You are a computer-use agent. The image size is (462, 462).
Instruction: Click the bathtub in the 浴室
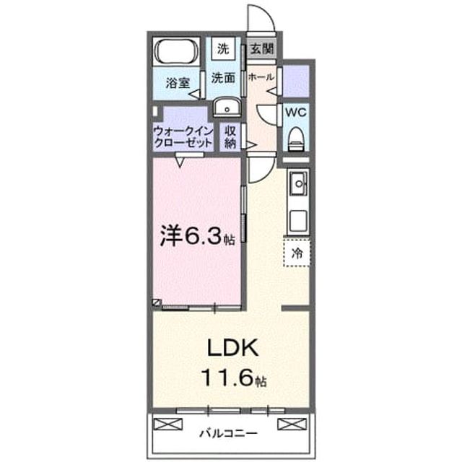click(176, 51)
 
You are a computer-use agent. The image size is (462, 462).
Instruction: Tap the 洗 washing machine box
click(223, 48)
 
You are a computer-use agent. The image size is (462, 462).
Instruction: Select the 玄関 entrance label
click(262, 48)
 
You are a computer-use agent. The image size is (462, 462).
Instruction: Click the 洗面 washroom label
click(223, 78)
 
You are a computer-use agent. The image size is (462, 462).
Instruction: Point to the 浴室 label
click(178, 83)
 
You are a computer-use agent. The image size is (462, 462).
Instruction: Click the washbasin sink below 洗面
click(227, 108)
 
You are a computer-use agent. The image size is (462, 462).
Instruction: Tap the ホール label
click(261, 77)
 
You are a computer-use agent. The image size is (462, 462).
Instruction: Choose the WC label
click(296, 113)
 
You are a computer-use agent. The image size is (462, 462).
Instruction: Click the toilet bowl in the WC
click(296, 139)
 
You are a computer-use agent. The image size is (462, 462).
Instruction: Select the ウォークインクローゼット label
click(183, 137)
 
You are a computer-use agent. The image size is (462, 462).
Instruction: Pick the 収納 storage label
click(230, 137)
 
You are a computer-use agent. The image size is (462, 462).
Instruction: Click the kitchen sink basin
click(299, 184)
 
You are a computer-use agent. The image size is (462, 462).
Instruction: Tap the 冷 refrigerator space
click(297, 253)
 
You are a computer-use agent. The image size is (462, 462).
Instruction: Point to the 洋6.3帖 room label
click(197, 237)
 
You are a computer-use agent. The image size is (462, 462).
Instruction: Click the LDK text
click(232, 348)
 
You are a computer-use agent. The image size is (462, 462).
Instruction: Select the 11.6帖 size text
click(234, 378)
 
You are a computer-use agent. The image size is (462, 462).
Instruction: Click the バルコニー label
click(229, 433)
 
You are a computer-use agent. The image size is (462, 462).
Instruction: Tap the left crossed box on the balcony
click(168, 424)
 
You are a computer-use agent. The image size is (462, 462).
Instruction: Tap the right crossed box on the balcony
click(292, 424)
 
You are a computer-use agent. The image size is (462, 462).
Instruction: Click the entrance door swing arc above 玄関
click(269, 14)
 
